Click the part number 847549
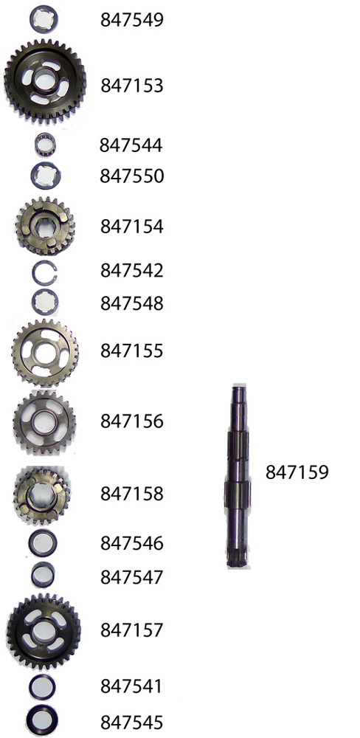click(x=132, y=20)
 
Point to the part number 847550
click(x=132, y=176)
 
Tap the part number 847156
click(x=132, y=421)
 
